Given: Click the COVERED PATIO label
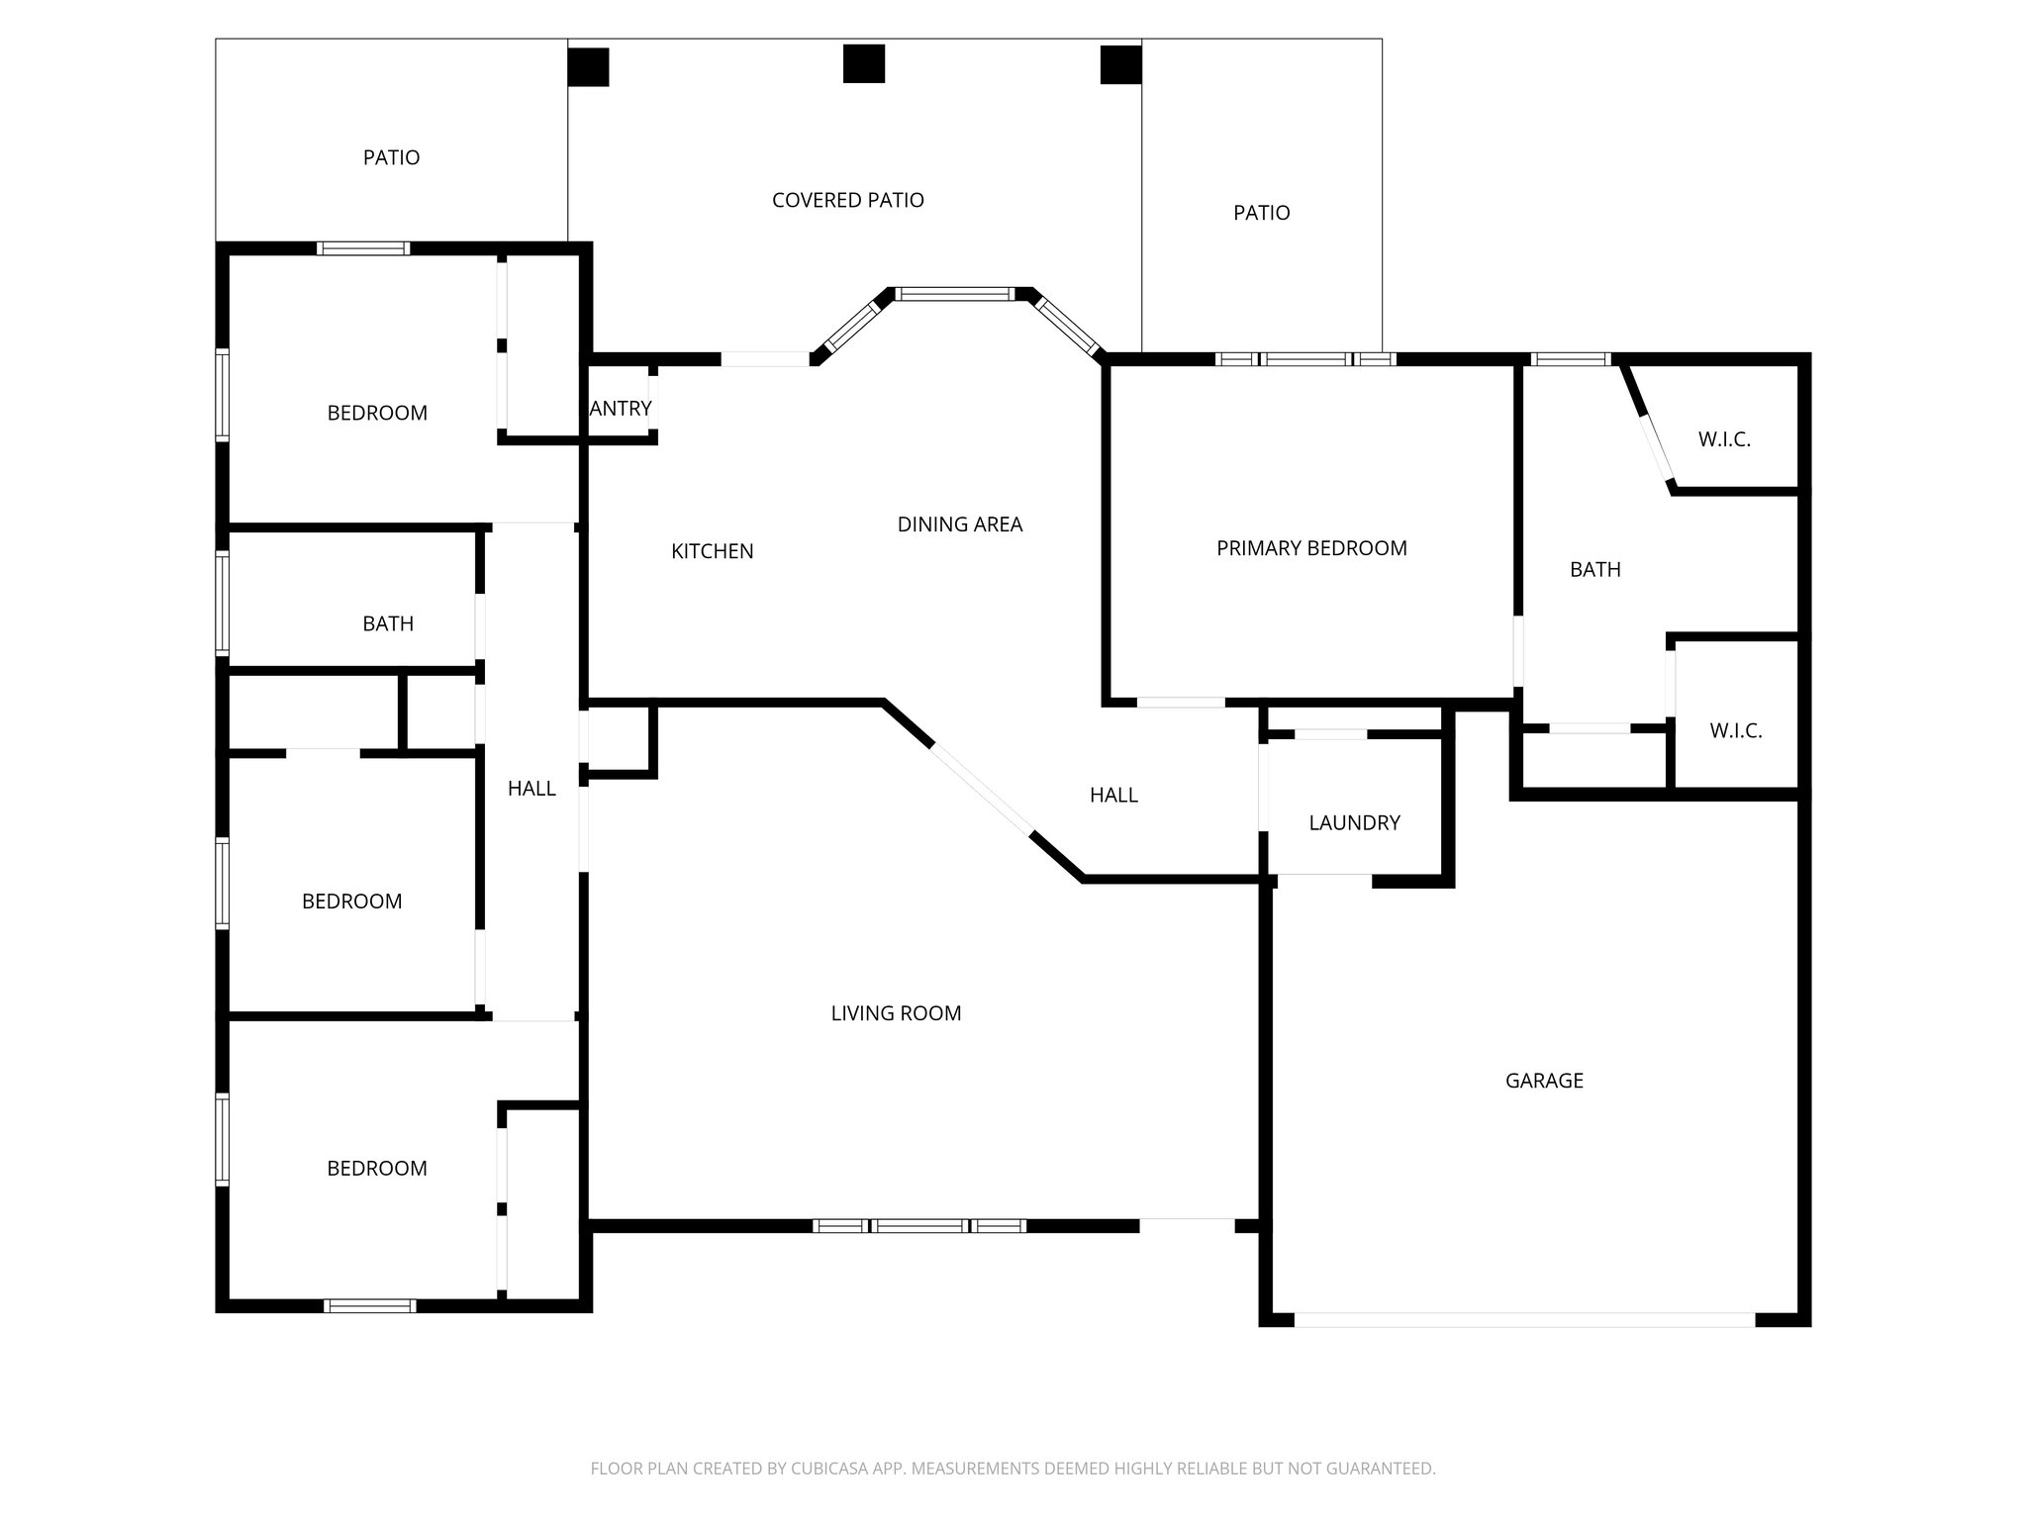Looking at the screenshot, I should click(x=847, y=200).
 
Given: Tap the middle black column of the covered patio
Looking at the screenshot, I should click(x=863, y=64).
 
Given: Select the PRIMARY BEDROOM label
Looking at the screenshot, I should click(x=1311, y=548).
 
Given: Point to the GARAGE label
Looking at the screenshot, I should click(x=1544, y=1081).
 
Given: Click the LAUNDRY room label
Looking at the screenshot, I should click(x=1354, y=822).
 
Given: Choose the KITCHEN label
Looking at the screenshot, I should click(x=712, y=551).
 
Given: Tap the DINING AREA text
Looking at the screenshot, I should click(x=959, y=524).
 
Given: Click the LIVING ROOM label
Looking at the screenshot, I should click(x=896, y=1013).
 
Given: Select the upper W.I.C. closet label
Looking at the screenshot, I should click(x=1724, y=439).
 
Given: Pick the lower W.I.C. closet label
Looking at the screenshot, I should click(x=1735, y=731).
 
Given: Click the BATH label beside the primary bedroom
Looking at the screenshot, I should click(x=1594, y=569).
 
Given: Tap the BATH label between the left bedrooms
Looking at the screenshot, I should click(x=387, y=623).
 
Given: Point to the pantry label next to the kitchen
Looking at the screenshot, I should click(x=621, y=408).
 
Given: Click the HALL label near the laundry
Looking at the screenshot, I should click(x=1113, y=795).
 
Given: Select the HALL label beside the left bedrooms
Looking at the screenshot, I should click(x=531, y=789).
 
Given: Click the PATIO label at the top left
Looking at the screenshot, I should click(x=391, y=157).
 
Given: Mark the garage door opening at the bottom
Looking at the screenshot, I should click(x=1524, y=1319).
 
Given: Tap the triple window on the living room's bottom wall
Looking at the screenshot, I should click(x=919, y=1226).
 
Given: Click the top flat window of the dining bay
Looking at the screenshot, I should click(x=955, y=294).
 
